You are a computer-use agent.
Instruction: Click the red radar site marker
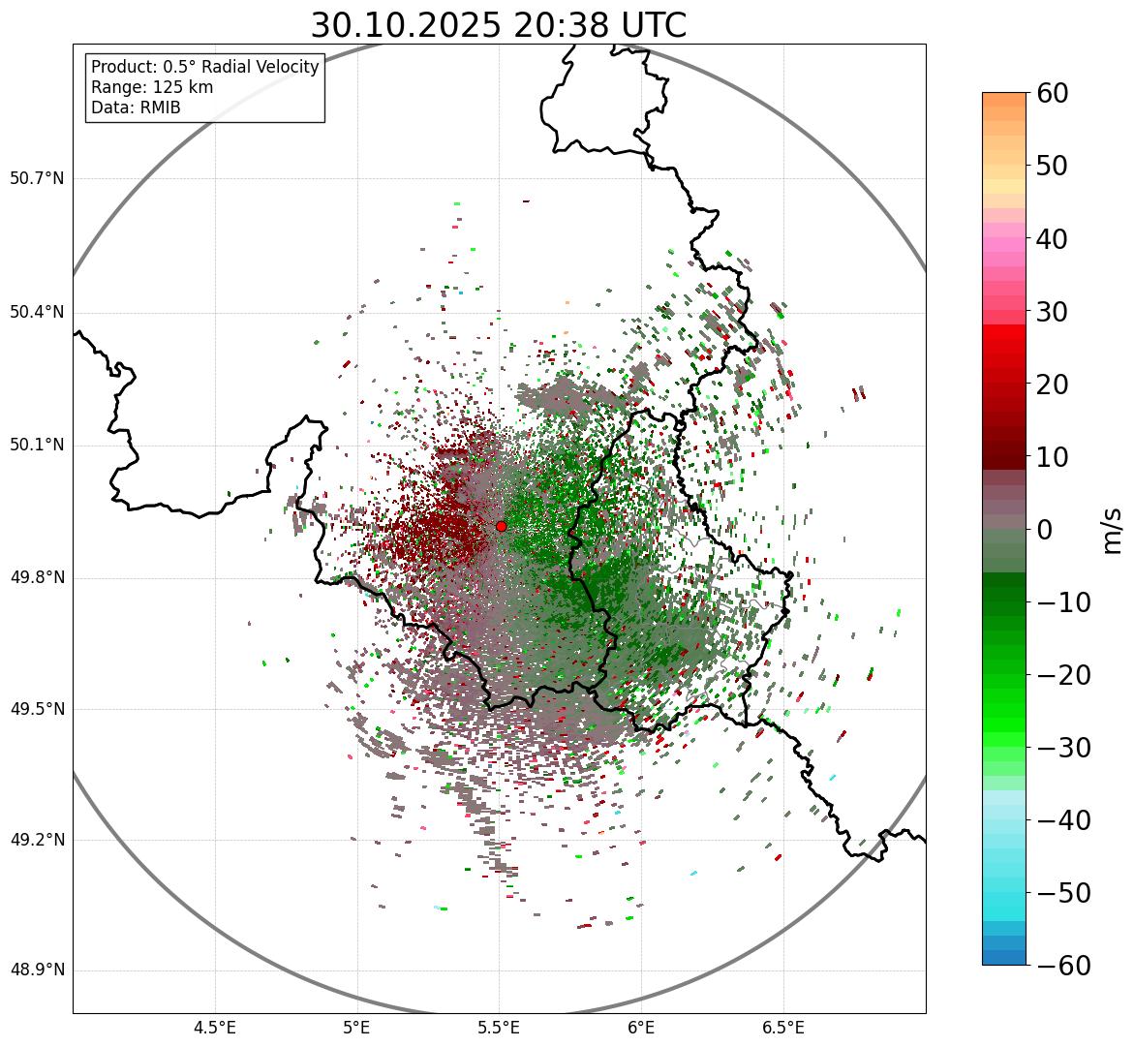[x=501, y=526]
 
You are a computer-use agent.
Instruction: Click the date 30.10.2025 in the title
[x=406, y=25]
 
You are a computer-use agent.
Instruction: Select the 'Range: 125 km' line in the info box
[x=152, y=87]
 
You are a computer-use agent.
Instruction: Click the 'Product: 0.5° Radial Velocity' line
[x=204, y=67]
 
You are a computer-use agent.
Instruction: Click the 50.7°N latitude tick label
[x=37, y=179]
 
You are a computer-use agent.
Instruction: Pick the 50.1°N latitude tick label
[x=37, y=446]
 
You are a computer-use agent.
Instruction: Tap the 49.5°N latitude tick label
[x=37, y=709]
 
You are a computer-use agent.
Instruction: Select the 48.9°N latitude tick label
[x=37, y=970]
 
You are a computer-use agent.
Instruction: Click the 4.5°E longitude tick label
[x=215, y=1027]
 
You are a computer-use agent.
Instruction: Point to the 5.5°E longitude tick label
[x=499, y=1027]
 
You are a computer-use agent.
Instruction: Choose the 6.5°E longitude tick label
[x=782, y=1027]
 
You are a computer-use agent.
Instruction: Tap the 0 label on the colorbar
[x=1045, y=530]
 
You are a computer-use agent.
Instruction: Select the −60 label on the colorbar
[x=1064, y=966]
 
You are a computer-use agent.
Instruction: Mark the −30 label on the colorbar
[x=1064, y=748]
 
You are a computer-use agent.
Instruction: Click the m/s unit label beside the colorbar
[x=1113, y=530]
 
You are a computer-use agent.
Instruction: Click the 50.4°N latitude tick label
[x=37, y=313]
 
